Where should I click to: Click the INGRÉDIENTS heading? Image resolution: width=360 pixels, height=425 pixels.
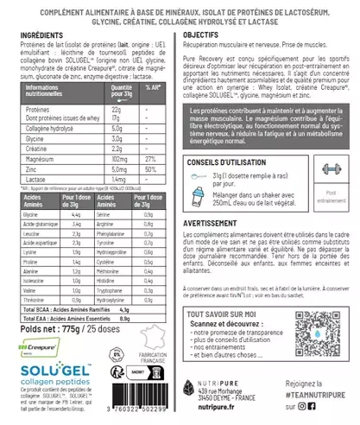point(41,34)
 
